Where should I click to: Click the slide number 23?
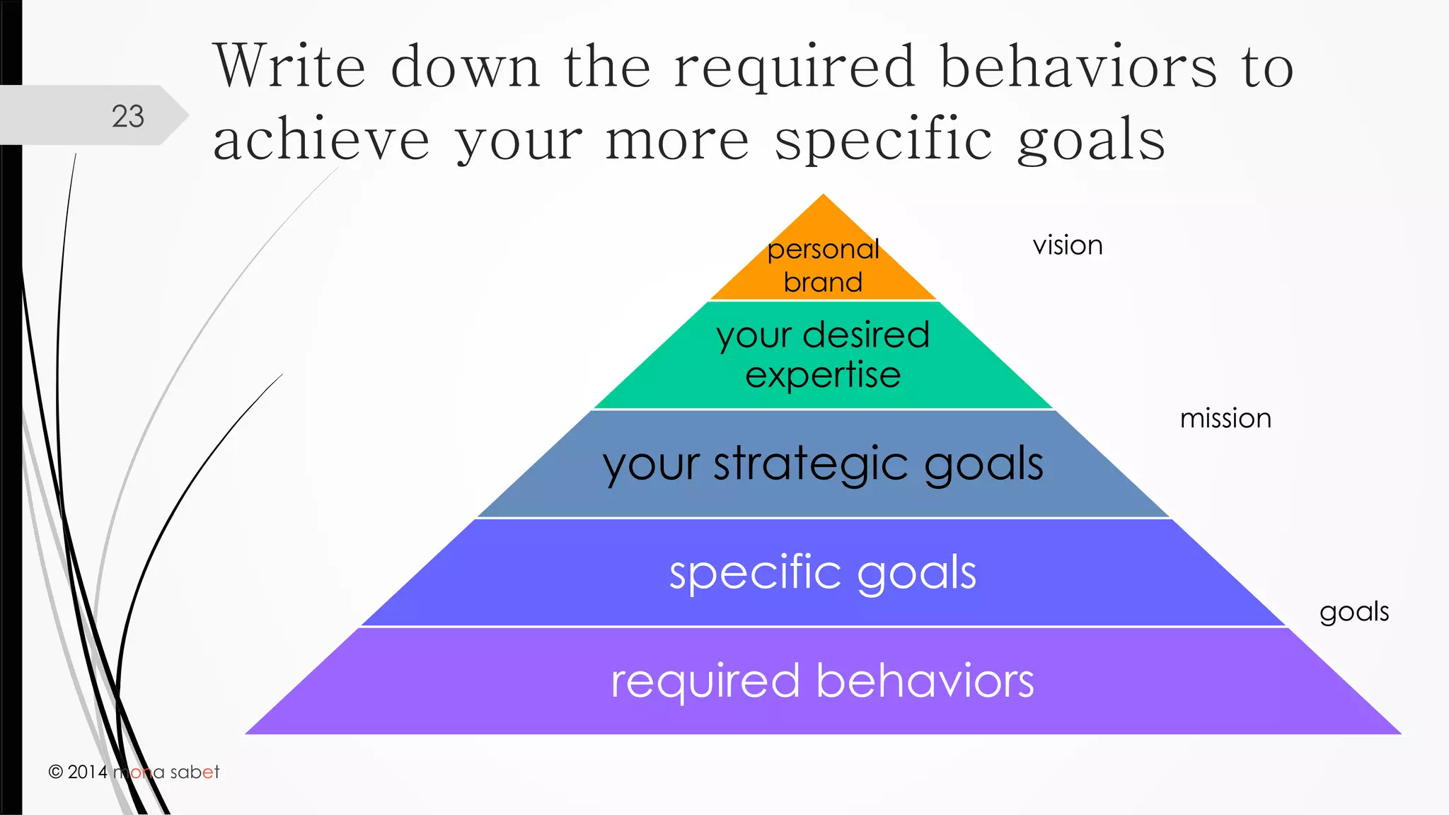(128, 117)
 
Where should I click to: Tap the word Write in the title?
(290, 67)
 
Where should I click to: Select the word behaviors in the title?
(1079, 67)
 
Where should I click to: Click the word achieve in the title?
(321, 140)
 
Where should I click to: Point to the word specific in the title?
(884, 140)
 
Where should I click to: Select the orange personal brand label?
(823, 265)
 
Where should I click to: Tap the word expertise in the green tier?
(823, 375)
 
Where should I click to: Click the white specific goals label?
(823, 572)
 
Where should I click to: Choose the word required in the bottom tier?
(705, 681)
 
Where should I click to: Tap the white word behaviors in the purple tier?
(925, 681)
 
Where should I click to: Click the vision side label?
(1068, 245)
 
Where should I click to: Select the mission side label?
(1225, 419)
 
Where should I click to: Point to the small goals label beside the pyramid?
(1354, 612)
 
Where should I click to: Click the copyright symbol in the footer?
(56, 772)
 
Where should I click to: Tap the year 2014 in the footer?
(88, 772)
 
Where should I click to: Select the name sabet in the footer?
(195, 772)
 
